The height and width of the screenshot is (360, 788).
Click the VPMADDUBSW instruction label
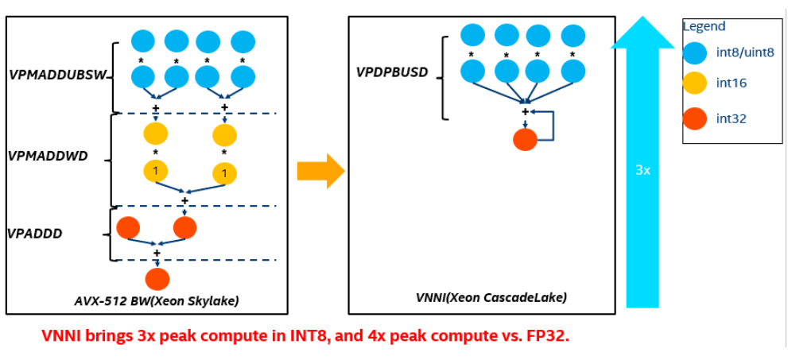pyautogui.click(x=60, y=75)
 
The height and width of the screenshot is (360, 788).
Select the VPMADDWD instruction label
pyautogui.click(x=48, y=157)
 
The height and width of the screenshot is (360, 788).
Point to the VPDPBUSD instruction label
pyautogui.click(x=392, y=73)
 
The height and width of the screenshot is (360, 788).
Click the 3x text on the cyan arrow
pyautogui.click(x=643, y=170)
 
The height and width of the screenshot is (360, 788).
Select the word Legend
pyautogui.click(x=703, y=26)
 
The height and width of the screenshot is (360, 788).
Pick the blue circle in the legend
pyautogui.click(x=697, y=52)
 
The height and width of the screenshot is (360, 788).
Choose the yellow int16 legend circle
pyautogui.click(x=697, y=83)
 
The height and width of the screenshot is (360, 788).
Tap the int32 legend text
pyautogui.click(x=731, y=118)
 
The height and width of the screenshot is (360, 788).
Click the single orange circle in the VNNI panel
pyautogui.click(x=525, y=140)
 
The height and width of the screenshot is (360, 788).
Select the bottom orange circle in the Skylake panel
pyautogui.click(x=157, y=279)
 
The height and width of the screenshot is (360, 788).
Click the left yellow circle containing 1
pyautogui.click(x=156, y=171)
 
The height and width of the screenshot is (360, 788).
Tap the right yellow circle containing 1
pyautogui.click(x=224, y=172)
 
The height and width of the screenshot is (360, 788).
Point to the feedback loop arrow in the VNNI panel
pyautogui.click(x=550, y=125)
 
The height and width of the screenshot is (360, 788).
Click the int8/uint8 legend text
pyautogui.click(x=744, y=52)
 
